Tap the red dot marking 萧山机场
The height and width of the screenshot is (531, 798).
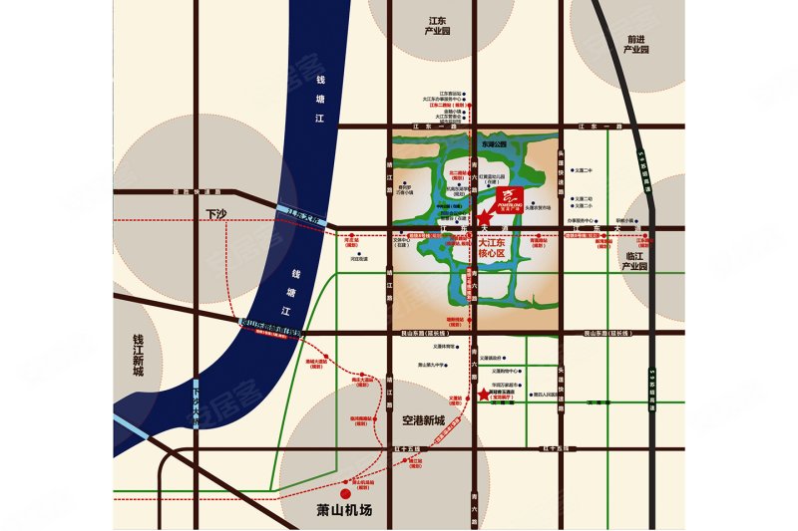(344, 491)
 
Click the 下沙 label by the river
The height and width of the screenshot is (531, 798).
(217, 214)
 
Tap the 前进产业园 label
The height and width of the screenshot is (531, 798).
(635, 44)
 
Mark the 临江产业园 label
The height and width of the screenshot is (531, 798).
(637, 261)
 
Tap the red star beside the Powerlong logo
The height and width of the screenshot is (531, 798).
(484, 218)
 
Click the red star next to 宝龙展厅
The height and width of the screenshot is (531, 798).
(484, 396)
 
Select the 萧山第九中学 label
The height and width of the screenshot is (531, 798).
(438, 366)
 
